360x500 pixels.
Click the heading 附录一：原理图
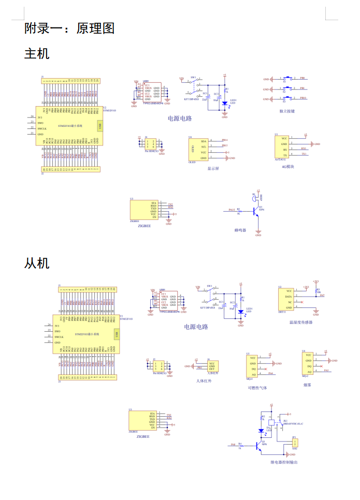point(69,28)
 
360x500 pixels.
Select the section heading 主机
point(37,53)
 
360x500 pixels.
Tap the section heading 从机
point(37,263)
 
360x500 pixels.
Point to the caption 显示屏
point(213,168)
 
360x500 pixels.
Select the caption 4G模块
point(288,167)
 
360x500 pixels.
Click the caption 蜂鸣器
point(240,230)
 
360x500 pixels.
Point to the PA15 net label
point(232,210)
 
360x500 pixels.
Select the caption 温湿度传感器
point(301,322)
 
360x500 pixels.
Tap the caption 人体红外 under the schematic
point(204,381)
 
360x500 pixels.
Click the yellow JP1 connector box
point(294,444)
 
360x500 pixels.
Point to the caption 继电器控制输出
point(284,462)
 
